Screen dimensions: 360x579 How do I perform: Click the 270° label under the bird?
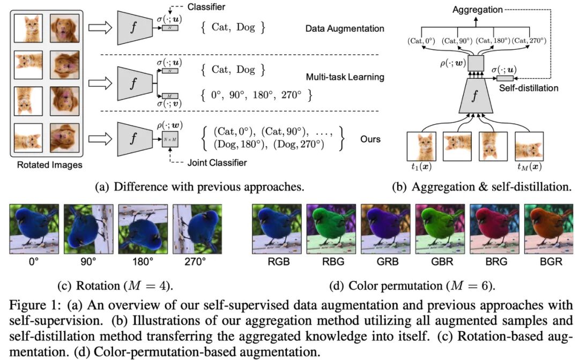tap(199, 262)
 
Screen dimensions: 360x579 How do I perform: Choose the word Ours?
tap(370, 139)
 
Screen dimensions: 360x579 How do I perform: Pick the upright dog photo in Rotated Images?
tap(65, 28)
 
